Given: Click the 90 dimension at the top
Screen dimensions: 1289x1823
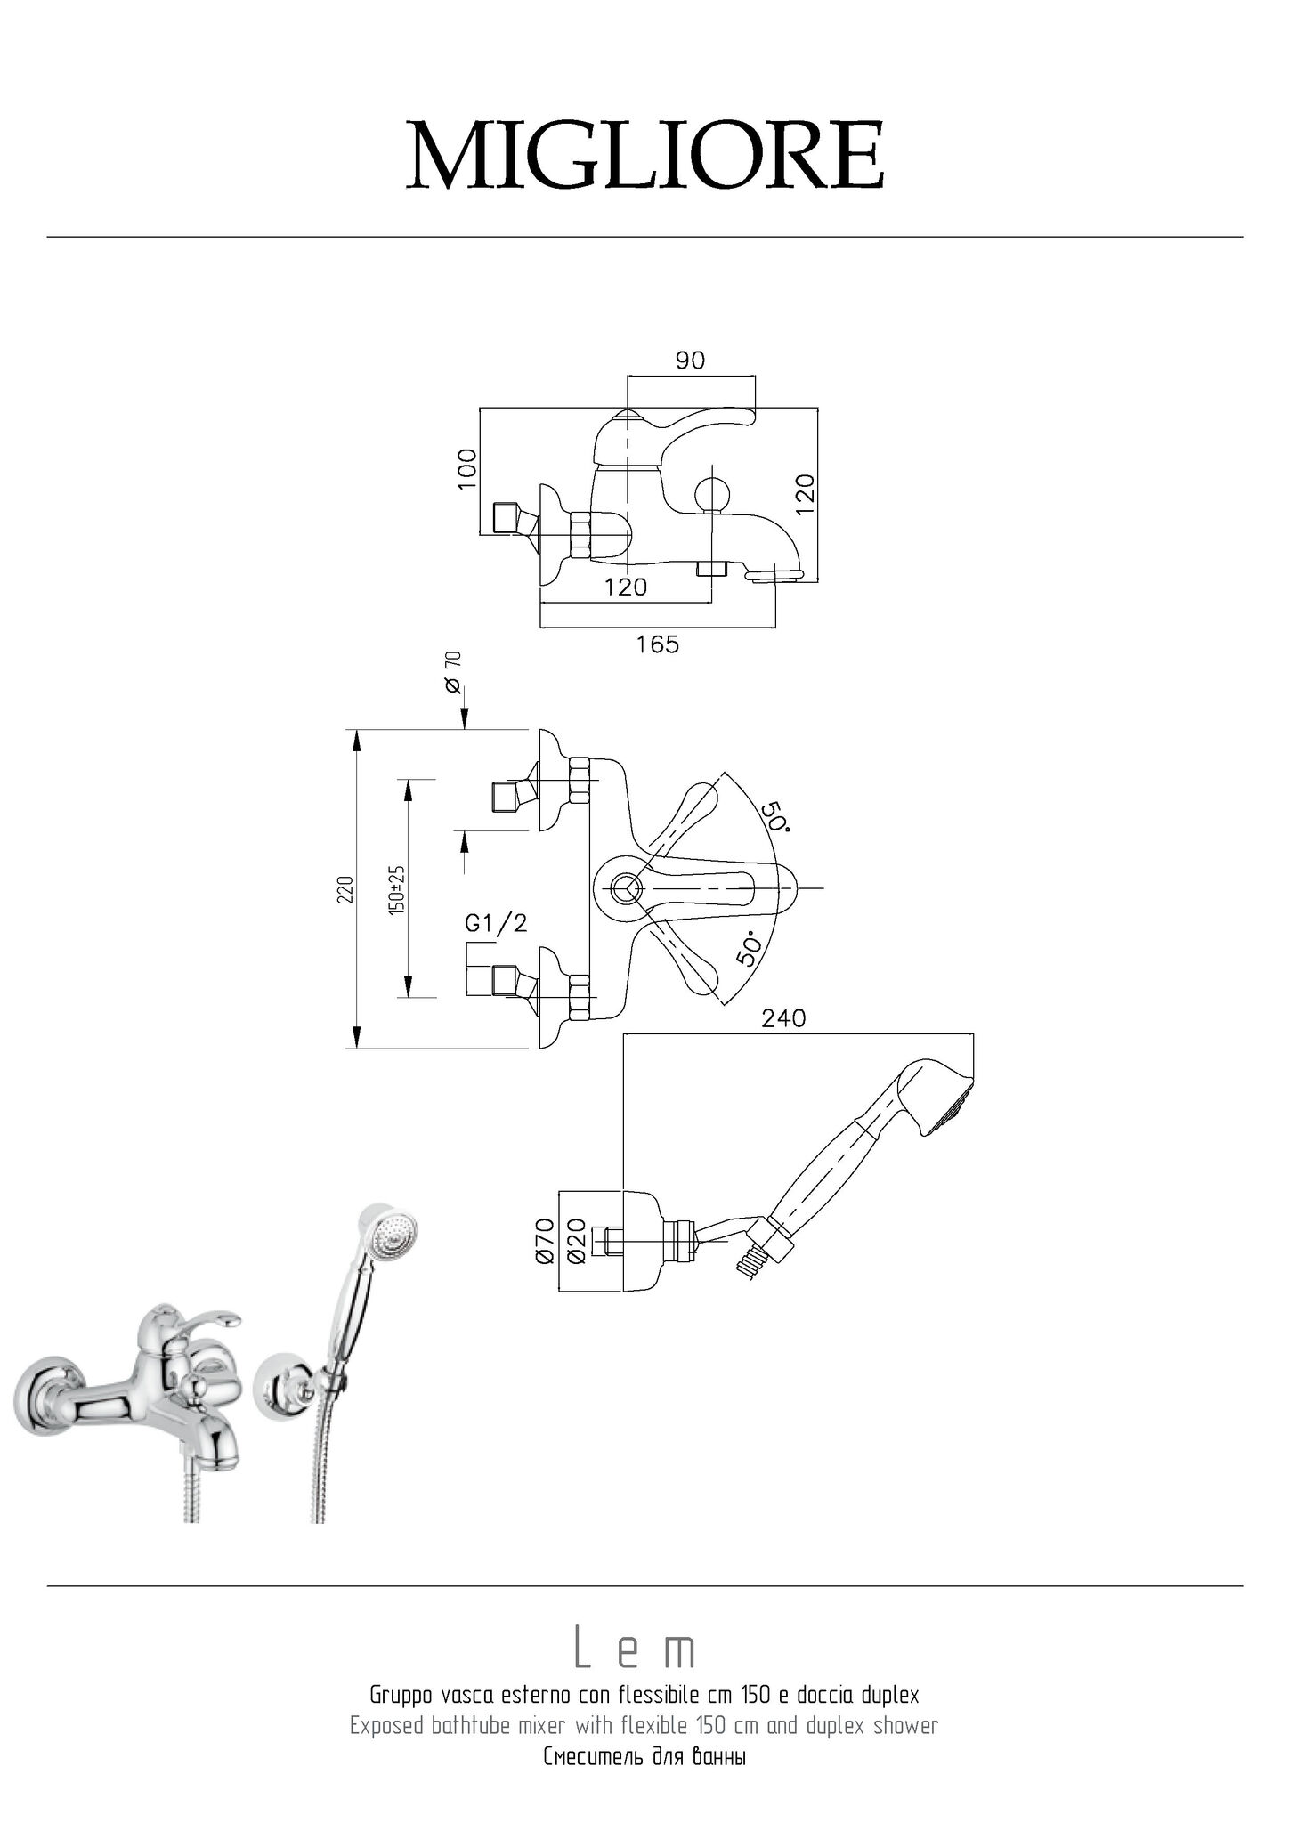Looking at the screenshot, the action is (x=690, y=361).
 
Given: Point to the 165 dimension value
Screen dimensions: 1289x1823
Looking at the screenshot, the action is (x=657, y=644).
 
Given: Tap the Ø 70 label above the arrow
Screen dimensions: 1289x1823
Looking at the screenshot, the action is (x=453, y=672).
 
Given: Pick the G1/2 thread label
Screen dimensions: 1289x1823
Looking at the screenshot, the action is (x=497, y=923).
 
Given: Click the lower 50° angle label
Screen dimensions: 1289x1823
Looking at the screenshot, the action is (x=750, y=949).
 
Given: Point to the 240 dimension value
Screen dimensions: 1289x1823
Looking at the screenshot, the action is (x=783, y=1018).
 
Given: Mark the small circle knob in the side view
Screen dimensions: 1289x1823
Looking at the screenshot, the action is (x=711, y=494).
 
